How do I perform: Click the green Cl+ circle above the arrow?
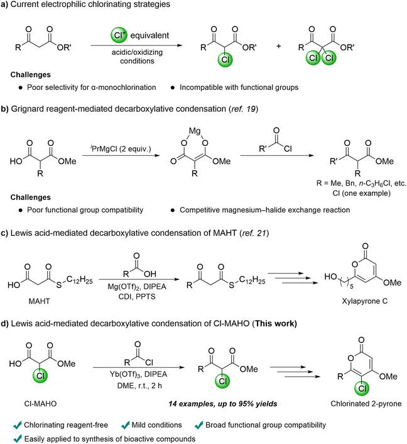119,35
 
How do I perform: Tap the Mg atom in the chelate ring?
195,131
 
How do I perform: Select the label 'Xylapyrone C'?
364,301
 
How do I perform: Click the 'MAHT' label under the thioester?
39,301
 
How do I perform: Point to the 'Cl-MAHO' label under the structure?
40,404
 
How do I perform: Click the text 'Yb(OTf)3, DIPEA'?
138,375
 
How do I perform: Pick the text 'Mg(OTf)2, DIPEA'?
137,287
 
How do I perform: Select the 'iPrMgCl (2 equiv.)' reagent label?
121,148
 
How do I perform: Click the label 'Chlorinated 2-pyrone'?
366,404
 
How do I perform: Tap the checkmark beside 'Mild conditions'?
125,425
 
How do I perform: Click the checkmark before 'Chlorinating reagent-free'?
18,425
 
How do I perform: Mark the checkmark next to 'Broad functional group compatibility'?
199,425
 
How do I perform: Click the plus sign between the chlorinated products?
279,46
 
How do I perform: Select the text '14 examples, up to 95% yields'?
223,404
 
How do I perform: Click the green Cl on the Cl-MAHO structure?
40,375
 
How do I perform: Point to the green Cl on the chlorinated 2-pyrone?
362,388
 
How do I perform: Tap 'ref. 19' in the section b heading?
243,109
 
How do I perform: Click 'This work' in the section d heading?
276,323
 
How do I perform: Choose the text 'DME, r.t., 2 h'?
139,386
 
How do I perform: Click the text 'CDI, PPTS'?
137,297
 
